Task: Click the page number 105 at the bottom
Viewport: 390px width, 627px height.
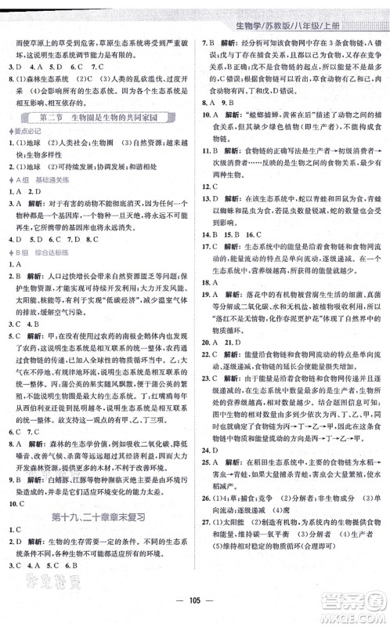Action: [195, 612]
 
